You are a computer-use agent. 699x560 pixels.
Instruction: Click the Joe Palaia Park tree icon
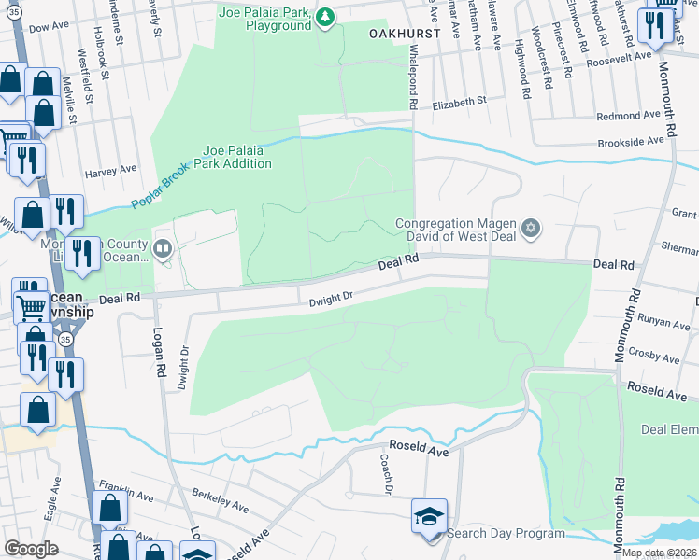click(324, 15)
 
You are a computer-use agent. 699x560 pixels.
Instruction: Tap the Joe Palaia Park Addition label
click(237, 157)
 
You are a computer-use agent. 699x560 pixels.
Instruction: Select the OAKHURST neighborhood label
click(404, 32)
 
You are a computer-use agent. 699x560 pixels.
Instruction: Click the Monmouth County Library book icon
click(164, 247)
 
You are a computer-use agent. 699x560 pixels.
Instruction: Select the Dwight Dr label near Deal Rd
click(332, 299)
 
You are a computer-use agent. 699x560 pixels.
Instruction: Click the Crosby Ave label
click(654, 356)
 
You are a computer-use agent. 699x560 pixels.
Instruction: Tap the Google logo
click(31, 549)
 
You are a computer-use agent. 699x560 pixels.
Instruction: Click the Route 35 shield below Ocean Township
click(65, 341)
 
